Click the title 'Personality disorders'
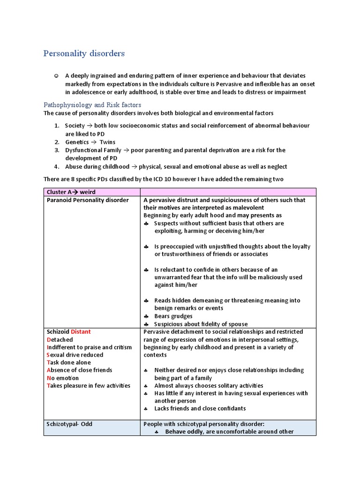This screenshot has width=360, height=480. click(x=84, y=53)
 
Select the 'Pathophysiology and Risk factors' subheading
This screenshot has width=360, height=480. click(x=92, y=105)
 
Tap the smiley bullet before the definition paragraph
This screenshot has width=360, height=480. click(x=56, y=76)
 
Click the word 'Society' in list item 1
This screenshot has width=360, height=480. click(x=75, y=126)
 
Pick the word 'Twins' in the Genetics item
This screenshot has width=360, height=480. click(x=107, y=142)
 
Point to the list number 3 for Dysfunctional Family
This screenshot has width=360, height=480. click(x=56, y=150)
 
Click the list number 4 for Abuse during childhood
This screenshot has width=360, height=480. click(x=56, y=166)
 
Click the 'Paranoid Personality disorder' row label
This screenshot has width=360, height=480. click(x=88, y=200)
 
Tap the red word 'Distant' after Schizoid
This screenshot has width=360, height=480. click(x=81, y=332)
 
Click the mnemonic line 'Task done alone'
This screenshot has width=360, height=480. click(x=69, y=362)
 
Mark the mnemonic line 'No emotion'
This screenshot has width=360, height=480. click(x=63, y=378)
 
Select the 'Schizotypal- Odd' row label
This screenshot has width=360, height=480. click(x=69, y=424)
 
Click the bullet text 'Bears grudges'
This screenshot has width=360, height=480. click(x=173, y=316)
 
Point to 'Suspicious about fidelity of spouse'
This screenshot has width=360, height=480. click(x=201, y=324)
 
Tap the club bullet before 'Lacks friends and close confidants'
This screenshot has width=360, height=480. click(x=146, y=409)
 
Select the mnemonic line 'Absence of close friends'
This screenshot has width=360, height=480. click(x=79, y=370)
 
